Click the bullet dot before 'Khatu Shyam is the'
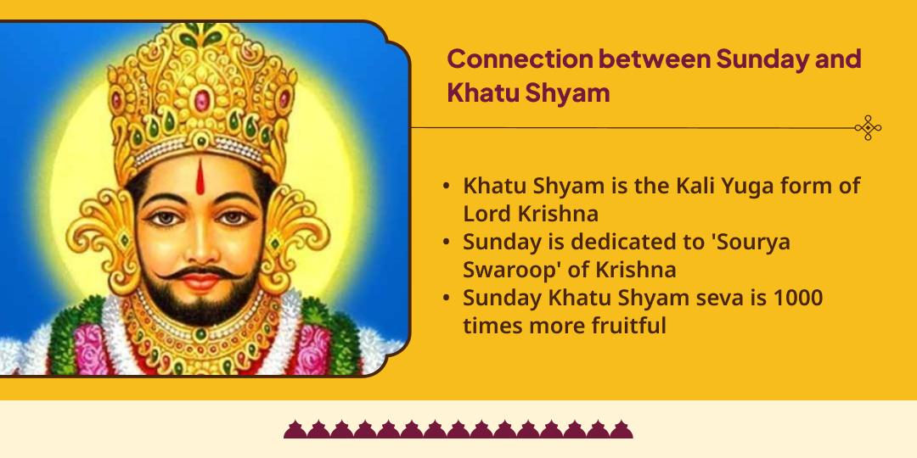pyautogui.click(x=447, y=187)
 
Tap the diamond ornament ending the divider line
pyautogui.click(x=868, y=128)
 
